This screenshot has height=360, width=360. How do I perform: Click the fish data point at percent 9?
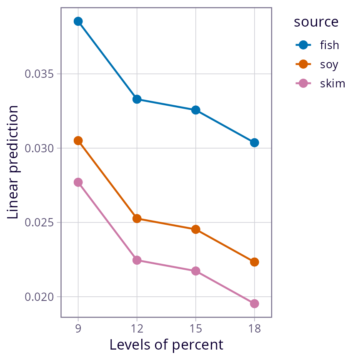pos(78,21)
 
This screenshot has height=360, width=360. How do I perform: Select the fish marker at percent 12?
pos(137,99)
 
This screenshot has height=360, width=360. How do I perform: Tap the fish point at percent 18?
pos(254,143)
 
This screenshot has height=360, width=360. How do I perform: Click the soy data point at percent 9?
pos(78,141)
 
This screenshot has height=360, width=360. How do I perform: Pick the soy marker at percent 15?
pos(195,229)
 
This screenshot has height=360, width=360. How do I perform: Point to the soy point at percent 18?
pos(254,262)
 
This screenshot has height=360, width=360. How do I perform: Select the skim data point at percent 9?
pos(78,182)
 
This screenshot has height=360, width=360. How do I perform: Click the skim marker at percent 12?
pos(137,260)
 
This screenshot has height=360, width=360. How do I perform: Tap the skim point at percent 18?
pos(254,303)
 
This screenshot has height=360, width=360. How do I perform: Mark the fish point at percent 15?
pos(195,110)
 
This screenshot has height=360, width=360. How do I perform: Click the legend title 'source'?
pos(316,22)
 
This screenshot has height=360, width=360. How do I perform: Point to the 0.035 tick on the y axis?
pos(42,74)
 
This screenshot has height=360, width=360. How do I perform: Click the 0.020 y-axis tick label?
pos(42,297)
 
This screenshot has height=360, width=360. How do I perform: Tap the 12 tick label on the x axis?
pos(137,329)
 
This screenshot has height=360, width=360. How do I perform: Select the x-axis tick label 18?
pos(254,329)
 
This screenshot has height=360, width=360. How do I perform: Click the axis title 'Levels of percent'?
pos(166,345)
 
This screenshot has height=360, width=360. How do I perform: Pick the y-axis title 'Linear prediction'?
pos(13,162)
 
